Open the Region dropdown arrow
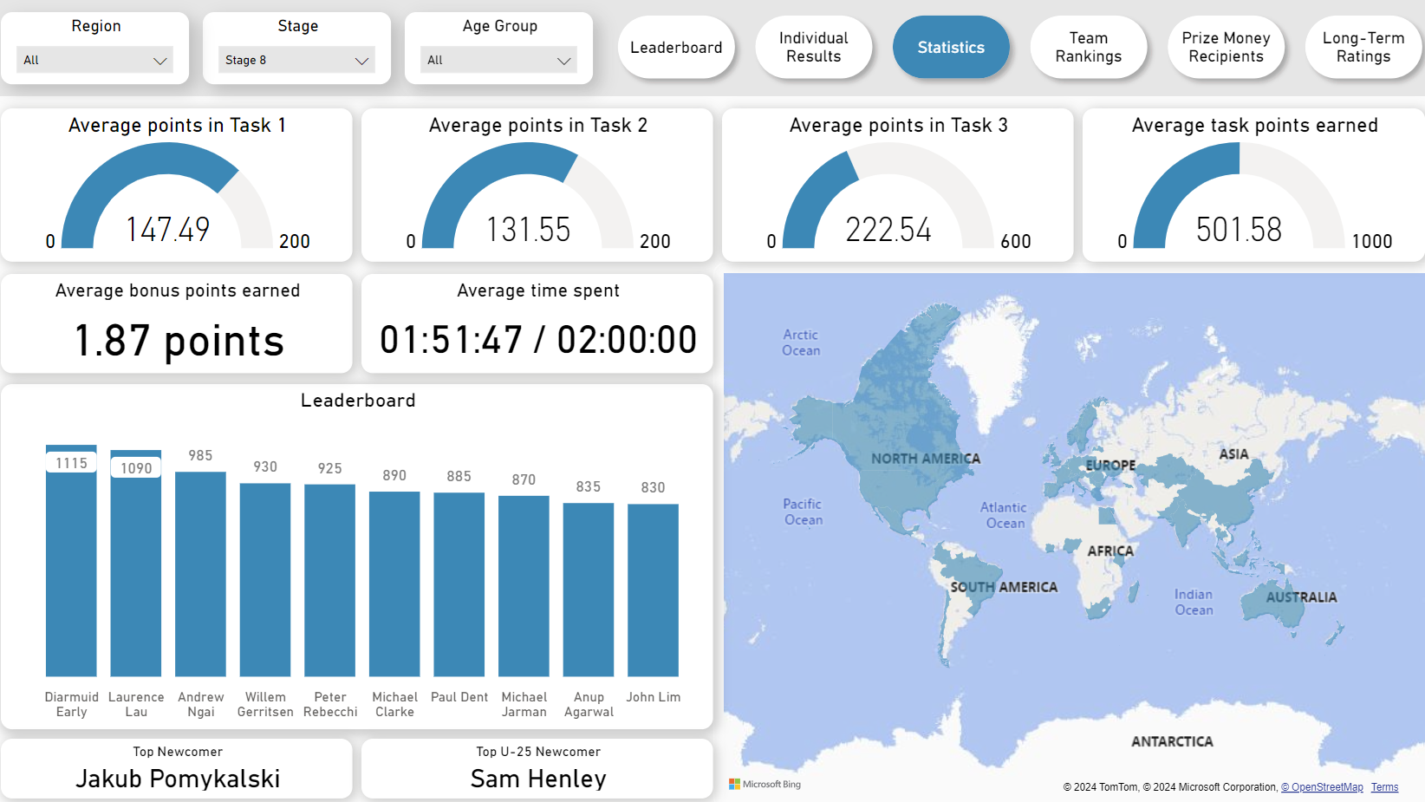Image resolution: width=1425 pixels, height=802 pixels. [159, 61]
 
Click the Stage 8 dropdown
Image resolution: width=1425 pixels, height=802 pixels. [296, 60]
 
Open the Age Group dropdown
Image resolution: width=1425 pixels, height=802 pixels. [498, 60]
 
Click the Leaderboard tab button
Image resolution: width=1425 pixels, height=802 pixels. [675, 47]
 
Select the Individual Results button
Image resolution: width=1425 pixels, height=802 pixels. [813, 47]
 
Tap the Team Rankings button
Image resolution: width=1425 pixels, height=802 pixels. [1088, 47]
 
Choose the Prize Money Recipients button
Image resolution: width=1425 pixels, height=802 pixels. [1226, 47]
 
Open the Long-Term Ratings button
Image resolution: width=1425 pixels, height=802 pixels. [1363, 47]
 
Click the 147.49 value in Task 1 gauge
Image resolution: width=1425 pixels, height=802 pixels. [167, 229]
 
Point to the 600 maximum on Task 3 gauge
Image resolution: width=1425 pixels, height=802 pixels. [1015, 241]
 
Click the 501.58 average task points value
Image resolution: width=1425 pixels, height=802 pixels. [1239, 229]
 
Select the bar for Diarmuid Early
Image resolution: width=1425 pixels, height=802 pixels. [71, 560]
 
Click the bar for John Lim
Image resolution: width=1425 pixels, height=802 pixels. [653, 590]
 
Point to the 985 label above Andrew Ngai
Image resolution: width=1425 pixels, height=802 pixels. [200, 455]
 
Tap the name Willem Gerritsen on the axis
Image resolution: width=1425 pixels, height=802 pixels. [265, 704]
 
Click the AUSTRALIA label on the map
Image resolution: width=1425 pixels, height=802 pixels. [1301, 597]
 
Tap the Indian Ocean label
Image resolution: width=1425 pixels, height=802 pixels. [1194, 602]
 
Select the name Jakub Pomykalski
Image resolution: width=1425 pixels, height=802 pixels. [178, 779]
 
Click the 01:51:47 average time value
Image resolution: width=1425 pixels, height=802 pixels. [451, 339]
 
